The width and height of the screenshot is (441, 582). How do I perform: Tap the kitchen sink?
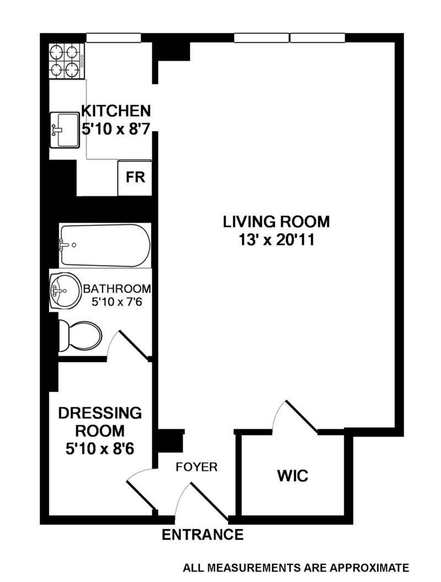click(x=65, y=130)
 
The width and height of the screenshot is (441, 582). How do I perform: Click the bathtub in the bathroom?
click(x=105, y=245)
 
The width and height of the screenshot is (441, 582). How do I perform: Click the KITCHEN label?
click(x=115, y=110)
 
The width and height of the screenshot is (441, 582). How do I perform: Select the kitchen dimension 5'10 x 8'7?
click(x=116, y=129)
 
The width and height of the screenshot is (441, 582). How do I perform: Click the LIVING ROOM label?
click(x=276, y=222)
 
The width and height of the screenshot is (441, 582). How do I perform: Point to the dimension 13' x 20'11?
click(x=276, y=241)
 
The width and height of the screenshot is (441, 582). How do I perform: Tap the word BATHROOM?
click(x=117, y=289)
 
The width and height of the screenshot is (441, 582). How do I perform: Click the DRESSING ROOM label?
click(x=100, y=421)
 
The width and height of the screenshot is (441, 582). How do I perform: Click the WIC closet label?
click(x=292, y=475)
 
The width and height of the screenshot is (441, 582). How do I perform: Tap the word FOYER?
click(x=197, y=467)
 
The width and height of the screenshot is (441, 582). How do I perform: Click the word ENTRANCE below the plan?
click(x=202, y=534)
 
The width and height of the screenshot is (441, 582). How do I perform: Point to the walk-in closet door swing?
click(x=295, y=417)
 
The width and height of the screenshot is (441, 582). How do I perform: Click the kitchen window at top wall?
click(x=112, y=38)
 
